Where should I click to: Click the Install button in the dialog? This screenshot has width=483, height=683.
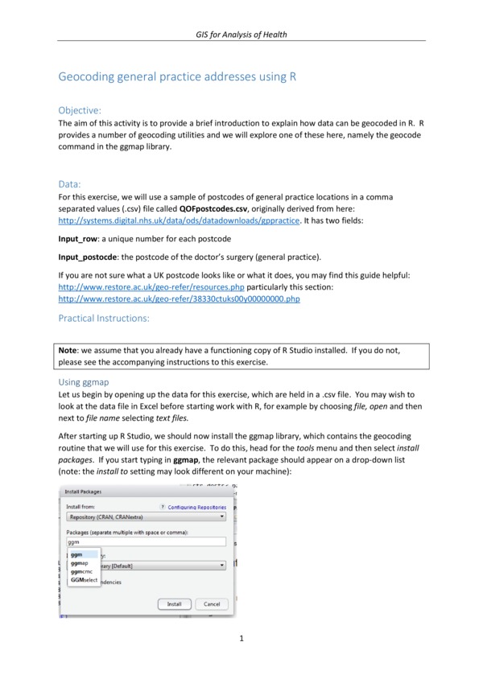(x=175, y=603)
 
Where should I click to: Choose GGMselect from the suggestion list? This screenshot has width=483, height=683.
(x=84, y=579)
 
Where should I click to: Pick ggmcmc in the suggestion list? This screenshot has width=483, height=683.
(x=80, y=571)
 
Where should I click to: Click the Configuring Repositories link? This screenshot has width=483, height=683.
(x=196, y=508)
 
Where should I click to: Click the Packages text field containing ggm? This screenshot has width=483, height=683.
(x=145, y=543)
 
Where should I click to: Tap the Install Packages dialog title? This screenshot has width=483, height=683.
(x=83, y=490)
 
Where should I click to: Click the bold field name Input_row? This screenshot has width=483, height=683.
(x=78, y=240)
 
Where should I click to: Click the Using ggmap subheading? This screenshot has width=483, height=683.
(x=85, y=382)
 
